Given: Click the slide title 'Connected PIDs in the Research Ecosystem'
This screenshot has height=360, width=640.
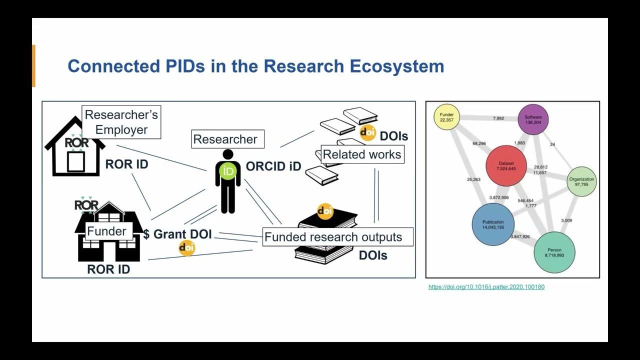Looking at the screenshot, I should click(x=255, y=66).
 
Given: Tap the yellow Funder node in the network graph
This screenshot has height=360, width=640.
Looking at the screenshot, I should click(x=446, y=117).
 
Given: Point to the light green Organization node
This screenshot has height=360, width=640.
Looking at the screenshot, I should click(x=581, y=181).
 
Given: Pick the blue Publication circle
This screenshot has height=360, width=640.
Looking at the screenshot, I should click(x=492, y=224).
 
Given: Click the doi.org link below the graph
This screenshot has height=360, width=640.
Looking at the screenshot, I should click(x=486, y=287).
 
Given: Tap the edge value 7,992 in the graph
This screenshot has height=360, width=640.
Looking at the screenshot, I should click(x=498, y=118).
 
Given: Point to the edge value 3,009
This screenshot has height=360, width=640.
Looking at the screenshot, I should click(x=566, y=220).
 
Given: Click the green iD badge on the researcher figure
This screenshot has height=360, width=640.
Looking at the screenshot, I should click(x=228, y=171).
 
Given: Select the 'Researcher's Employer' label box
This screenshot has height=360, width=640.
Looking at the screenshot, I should click(x=121, y=122).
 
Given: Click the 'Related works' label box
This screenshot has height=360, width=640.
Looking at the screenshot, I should click(x=362, y=154).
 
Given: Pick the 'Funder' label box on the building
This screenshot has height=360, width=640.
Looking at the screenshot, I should click(x=106, y=231).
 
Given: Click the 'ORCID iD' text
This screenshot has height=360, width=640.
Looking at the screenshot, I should click(x=273, y=166).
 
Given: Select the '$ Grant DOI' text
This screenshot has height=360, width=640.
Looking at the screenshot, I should click(x=177, y=234).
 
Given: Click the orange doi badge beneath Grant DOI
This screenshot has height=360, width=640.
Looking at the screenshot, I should click(x=186, y=247).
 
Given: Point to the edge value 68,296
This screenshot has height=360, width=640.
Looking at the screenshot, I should click(x=479, y=143).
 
